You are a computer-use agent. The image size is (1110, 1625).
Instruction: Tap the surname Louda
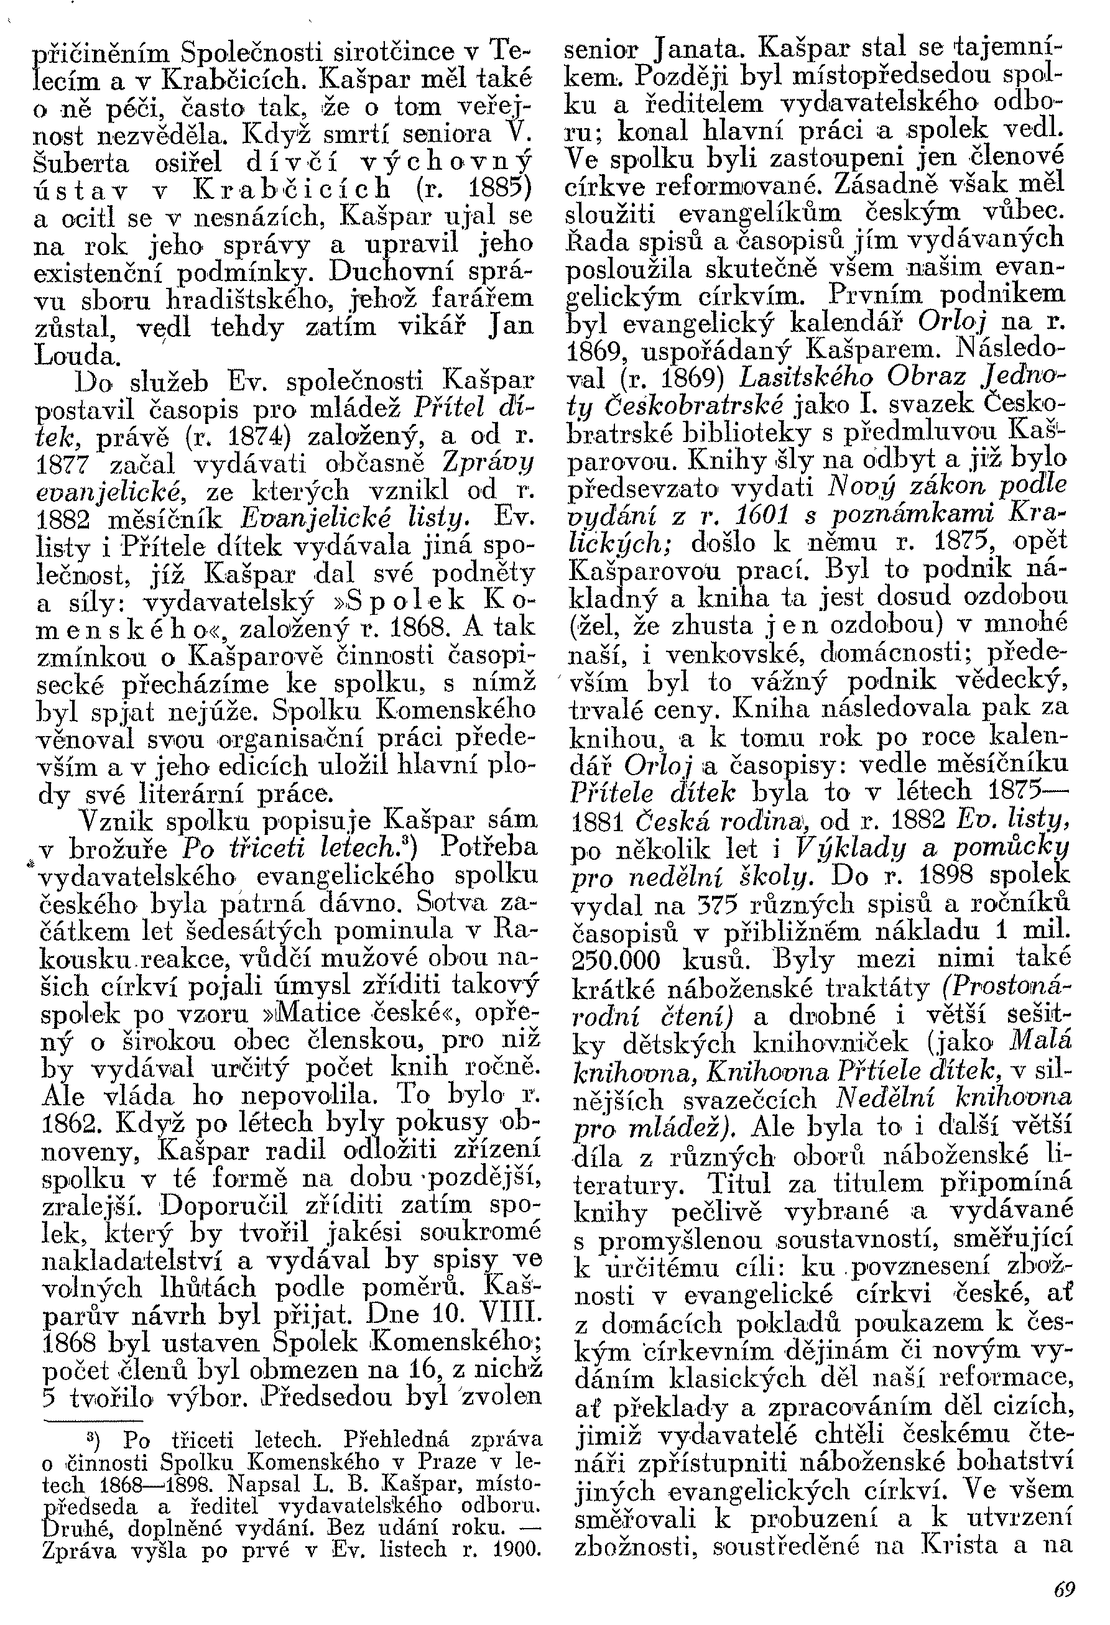point(76,357)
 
